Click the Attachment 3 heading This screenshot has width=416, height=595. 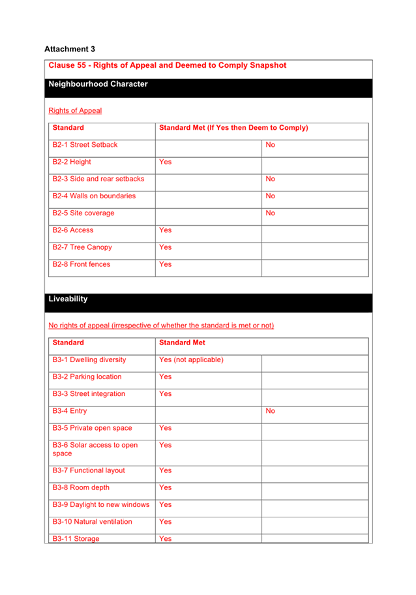pyautogui.click(x=70, y=49)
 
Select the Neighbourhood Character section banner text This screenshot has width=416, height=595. pyautogui.click(x=98, y=84)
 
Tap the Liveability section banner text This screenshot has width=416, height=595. pyautogui.click(x=68, y=299)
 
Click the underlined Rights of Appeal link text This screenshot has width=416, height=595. pyautogui.click(x=75, y=111)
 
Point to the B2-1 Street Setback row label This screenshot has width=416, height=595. pyautogui.click(x=85, y=145)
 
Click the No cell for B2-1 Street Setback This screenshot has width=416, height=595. pyautogui.click(x=271, y=145)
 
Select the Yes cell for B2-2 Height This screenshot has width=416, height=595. pyautogui.click(x=166, y=162)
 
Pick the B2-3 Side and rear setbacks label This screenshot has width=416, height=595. pyautogui.click(x=98, y=179)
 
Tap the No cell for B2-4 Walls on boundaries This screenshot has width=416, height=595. pyautogui.click(x=271, y=196)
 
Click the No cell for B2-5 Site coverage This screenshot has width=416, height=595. pyautogui.click(x=271, y=213)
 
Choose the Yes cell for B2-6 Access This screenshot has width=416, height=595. pyautogui.click(x=166, y=230)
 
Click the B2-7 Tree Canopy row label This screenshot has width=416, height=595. pyautogui.click(x=82, y=247)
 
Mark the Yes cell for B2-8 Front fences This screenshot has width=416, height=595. pyautogui.click(x=166, y=264)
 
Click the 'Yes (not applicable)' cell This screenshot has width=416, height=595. pyautogui.click(x=191, y=359)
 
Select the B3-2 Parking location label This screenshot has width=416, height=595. pyautogui.click(x=87, y=376)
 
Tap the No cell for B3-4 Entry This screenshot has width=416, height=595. pyautogui.click(x=271, y=411)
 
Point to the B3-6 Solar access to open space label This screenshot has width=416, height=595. pyautogui.click(x=95, y=449)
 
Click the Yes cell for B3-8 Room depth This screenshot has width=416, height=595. pyautogui.click(x=166, y=487)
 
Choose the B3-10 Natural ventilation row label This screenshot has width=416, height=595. pyautogui.click(x=92, y=521)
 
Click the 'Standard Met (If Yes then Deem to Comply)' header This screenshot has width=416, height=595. pyautogui.click(x=233, y=128)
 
